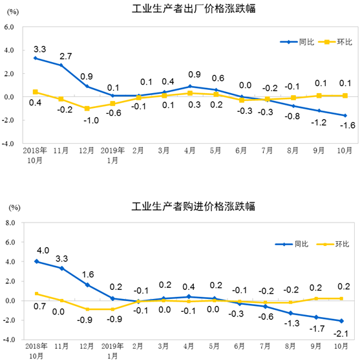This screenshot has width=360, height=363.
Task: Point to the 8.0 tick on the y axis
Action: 10,223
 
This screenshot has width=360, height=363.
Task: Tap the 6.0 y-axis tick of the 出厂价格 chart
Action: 10,27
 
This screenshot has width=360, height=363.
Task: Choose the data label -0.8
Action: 292,117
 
